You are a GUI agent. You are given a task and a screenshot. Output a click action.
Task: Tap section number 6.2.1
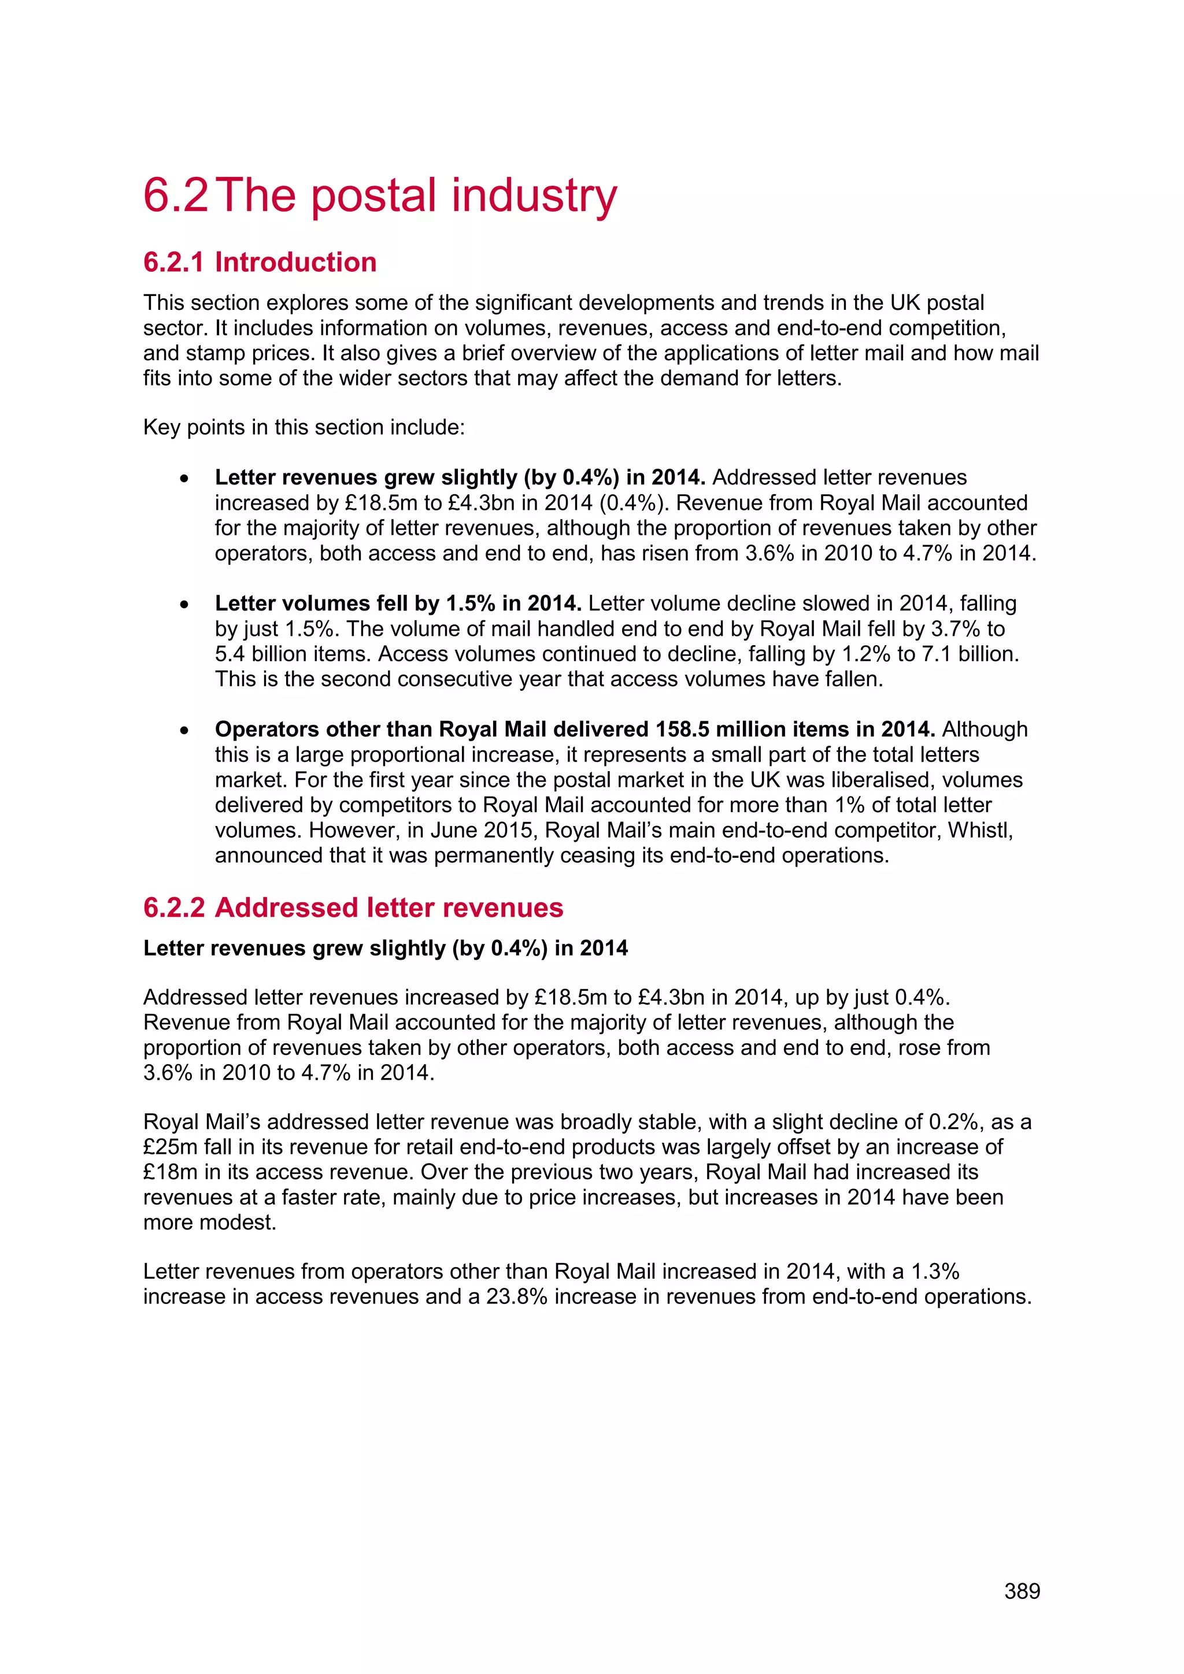pyautogui.click(x=173, y=262)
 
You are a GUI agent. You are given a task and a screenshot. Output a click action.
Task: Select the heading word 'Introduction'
pyautogui.click(x=295, y=262)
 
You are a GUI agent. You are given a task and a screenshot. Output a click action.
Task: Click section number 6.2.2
pyautogui.click(x=173, y=908)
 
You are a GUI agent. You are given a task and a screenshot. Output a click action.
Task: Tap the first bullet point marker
pyautogui.click(x=185, y=478)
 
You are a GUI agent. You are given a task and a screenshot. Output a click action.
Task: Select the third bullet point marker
pyautogui.click(x=185, y=730)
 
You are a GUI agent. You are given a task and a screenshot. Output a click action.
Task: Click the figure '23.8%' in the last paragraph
pyautogui.click(x=516, y=1297)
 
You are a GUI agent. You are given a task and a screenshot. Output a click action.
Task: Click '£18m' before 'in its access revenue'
pyautogui.click(x=171, y=1172)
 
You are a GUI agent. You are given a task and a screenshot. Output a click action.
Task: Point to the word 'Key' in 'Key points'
pyautogui.click(x=161, y=427)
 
